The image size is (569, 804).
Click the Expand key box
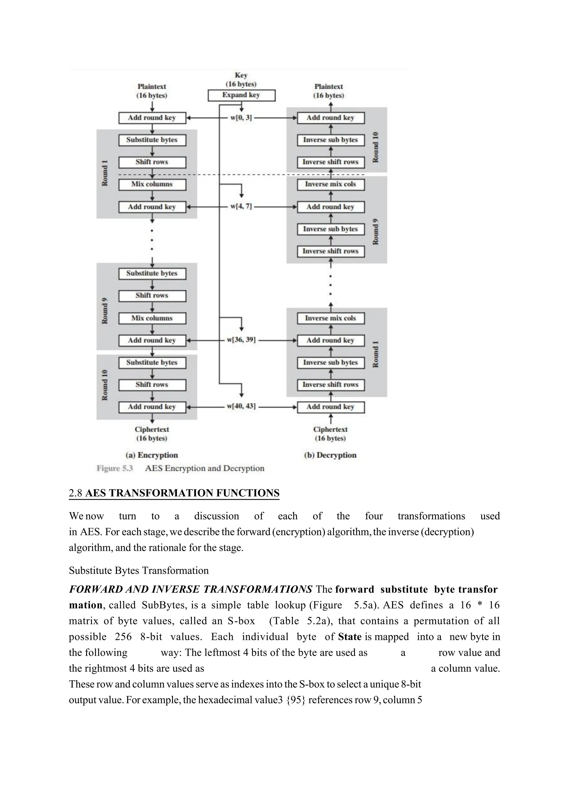click(x=241, y=95)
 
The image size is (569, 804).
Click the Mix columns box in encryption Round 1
click(x=152, y=184)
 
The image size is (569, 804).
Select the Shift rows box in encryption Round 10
click(x=152, y=385)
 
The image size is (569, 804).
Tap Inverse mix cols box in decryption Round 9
click(x=330, y=184)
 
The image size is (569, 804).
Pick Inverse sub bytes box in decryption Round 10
click(x=330, y=140)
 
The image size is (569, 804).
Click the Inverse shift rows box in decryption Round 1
click(x=330, y=385)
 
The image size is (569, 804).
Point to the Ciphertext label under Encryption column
click(x=152, y=429)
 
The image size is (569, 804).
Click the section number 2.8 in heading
click(x=75, y=493)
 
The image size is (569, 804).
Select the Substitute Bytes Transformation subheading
click(x=138, y=571)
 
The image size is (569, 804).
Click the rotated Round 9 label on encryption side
click(x=105, y=311)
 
